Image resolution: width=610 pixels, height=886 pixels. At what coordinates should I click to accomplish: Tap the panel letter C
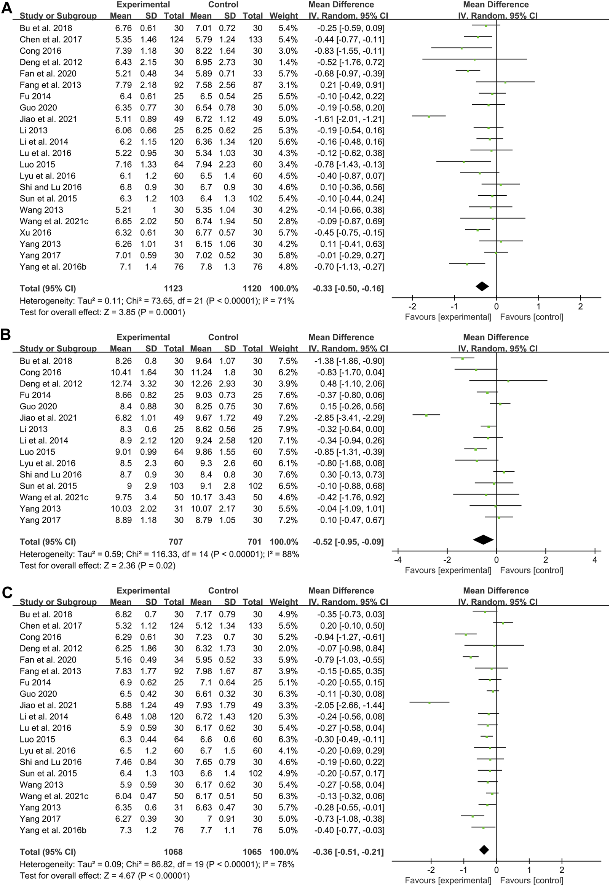click(7, 592)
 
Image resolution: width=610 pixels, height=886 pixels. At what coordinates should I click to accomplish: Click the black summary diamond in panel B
click(483, 539)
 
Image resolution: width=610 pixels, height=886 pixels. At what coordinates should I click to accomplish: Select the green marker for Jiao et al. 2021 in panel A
click(429, 116)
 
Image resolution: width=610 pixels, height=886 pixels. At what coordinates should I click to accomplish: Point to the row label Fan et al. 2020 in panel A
click(48, 73)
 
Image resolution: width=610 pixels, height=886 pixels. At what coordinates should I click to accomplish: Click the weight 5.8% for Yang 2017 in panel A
click(288, 255)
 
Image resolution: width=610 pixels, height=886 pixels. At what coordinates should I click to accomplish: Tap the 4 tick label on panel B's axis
click(595, 560)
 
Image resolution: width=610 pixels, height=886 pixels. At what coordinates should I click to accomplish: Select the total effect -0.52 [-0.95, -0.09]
click(348, 542)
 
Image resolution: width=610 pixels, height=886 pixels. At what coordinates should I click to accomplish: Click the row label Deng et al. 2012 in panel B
click(51, 383)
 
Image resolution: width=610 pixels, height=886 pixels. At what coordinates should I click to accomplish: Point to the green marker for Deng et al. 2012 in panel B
click(508, 381)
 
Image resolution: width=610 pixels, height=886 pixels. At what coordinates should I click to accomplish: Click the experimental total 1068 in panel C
click(173, 852)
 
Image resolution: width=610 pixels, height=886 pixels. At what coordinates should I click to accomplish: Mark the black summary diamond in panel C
click(484, 850)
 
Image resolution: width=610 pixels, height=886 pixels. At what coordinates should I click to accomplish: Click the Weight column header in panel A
click(283, 16)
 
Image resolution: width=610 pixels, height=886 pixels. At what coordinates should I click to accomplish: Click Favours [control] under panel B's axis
click(531, 570)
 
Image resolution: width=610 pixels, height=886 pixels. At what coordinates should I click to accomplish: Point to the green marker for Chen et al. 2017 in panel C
click(503, 623)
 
